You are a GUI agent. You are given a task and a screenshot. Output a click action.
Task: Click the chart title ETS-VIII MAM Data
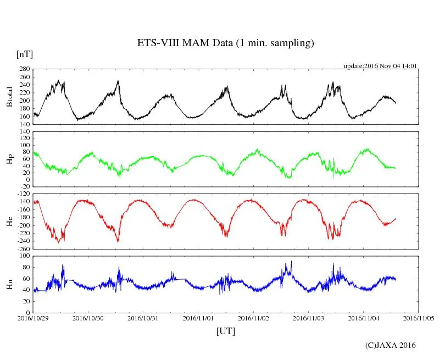(225, 43)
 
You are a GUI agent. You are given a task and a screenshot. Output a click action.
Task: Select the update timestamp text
(381, 65)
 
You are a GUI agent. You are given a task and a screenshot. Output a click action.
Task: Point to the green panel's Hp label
(9, 159)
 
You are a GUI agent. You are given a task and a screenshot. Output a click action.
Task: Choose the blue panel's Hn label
(9, 284)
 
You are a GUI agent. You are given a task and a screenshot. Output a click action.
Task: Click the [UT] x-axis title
(226, 331)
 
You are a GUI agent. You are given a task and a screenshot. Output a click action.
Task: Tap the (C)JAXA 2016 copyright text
(391, 345)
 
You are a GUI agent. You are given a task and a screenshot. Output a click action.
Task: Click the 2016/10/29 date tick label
(33, 318)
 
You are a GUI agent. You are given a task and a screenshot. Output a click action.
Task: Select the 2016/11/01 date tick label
(198, 318)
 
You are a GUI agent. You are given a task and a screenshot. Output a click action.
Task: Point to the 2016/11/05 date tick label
(419, 318)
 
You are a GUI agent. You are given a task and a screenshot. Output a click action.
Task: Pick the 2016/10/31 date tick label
(143, 318)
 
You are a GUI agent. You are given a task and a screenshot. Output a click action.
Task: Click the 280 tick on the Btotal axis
(24, 69)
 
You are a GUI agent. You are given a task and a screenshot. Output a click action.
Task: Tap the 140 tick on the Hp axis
(24, 132)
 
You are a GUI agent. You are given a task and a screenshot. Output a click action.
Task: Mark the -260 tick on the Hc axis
(23, 249)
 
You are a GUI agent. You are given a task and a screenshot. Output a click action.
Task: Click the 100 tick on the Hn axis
(24, 256)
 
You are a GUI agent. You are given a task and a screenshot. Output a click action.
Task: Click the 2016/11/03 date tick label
(309, 318)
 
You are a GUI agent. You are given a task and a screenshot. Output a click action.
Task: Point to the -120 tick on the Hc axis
(23, 194)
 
